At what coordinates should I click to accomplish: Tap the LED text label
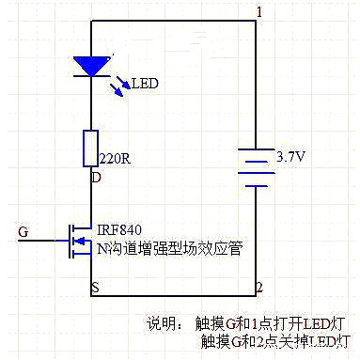(144, 85)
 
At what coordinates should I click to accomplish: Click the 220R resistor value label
(115, 158)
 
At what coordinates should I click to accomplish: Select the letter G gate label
(23, 230)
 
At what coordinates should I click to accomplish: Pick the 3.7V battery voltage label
(290, 157)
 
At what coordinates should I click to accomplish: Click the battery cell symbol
(255, 166)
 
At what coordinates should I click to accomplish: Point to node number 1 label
(259, 11)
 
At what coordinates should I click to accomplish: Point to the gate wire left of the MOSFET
(43, 241)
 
